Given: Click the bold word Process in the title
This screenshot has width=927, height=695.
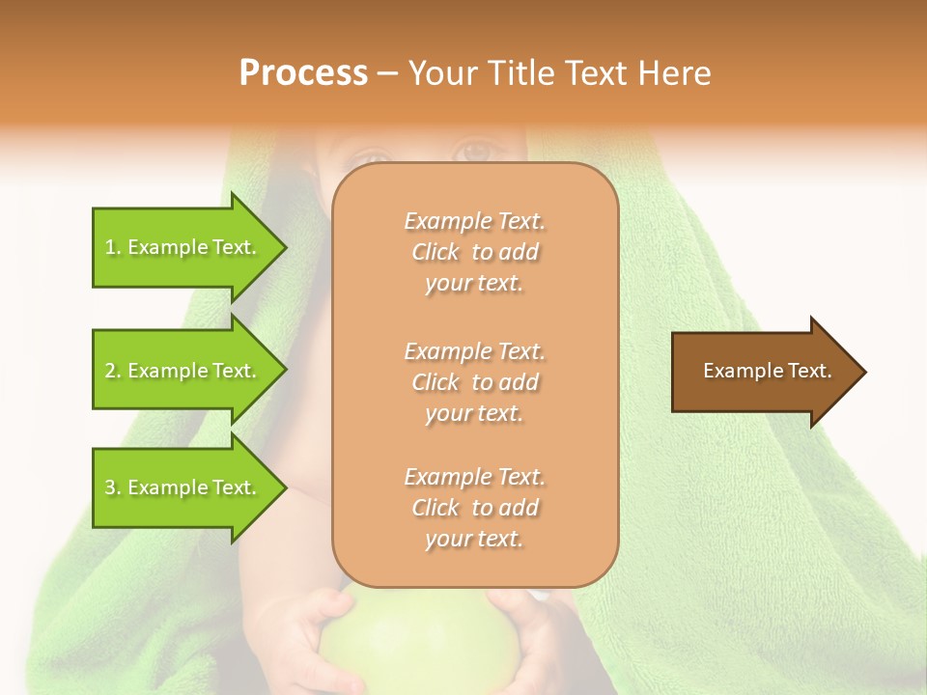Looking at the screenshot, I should point(303,73).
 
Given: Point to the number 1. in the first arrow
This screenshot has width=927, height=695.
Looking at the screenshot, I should point(112,247).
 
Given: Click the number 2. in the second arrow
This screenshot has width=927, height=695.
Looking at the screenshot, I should point(112,371).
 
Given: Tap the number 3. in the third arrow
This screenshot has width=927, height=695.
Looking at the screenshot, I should point(112,487).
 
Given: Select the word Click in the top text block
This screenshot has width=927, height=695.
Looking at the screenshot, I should point(435,252).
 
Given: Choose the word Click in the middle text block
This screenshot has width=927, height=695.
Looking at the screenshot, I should point(435,382).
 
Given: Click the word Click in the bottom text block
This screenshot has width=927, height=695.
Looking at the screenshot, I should point(435,508).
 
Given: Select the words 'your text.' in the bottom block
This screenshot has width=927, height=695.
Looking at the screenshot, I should point(474,539).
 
